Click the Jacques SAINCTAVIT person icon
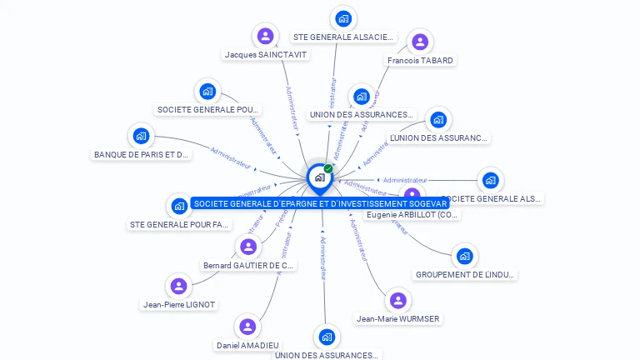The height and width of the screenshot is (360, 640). tap(265, 36)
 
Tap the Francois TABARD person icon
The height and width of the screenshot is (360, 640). tap(420, 42)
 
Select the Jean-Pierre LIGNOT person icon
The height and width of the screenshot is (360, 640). tap(178, 287)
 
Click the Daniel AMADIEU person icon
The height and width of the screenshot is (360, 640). tap(247, 327)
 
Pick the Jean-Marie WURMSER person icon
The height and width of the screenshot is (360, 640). tap(398, 300)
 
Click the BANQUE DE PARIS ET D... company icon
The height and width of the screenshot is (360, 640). tap(142, 136)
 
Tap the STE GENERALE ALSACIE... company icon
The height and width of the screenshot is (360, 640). tap(342, 18)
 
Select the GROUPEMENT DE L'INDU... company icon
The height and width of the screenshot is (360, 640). tap(464, 256)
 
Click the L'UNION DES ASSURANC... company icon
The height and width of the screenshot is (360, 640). tap(437, 119)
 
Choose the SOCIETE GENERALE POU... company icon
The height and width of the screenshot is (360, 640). tap(207, 91)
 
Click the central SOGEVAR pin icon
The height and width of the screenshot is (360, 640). tap(320, 177)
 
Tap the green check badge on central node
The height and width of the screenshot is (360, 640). tap(328, 168)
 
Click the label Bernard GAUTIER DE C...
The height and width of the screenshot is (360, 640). tap(248, 266)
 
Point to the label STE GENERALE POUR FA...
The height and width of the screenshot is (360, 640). tap(179, 224)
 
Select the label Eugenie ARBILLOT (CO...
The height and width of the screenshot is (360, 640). tap(412, 215)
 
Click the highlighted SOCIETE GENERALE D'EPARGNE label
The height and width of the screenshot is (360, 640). tap(320, 202)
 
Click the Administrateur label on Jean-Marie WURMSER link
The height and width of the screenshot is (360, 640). tap(359, 240)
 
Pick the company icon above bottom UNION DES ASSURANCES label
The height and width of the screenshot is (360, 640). tap(326, 337)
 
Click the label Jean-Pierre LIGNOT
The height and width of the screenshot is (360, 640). tap(179, 305)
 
